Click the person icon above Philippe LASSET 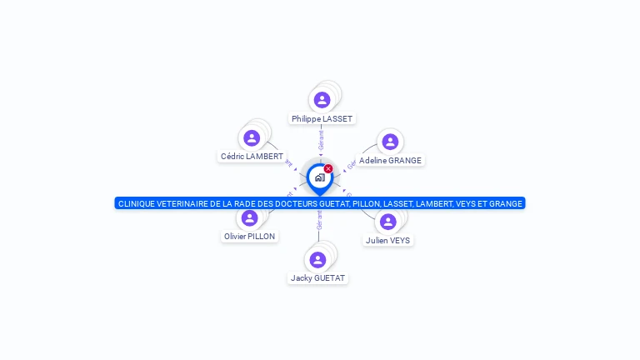322,100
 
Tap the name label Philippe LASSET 322,119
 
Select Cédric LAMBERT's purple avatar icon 252,137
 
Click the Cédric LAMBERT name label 252,157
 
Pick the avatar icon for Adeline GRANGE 390,142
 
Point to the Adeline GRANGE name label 390,161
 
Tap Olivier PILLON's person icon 249,217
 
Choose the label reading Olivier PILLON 249,237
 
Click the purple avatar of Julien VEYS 387,222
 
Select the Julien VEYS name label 387,241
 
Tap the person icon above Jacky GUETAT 317,259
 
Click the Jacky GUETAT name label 317,278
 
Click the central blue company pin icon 319,177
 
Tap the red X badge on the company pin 328,169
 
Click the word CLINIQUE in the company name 137,203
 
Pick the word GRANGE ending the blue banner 506,203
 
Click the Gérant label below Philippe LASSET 321,141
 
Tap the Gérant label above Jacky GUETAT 319,220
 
